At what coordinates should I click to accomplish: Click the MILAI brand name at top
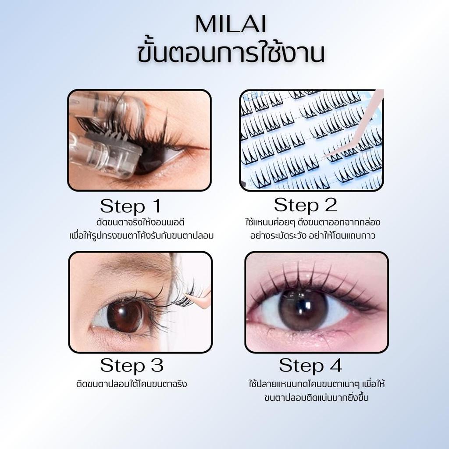tap(231, 24)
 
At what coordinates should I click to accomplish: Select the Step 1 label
tap(131, 207)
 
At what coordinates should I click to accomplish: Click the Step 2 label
tap(305, 206)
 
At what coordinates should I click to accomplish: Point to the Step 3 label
tap(132, 366)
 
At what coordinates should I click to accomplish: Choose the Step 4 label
tap(311, 366)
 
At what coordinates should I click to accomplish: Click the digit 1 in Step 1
tap(157, 206)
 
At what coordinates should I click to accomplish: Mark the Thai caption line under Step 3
tap(132, 384)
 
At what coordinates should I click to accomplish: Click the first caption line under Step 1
tap(140, 222)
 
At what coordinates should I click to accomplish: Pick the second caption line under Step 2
tap(313, 236)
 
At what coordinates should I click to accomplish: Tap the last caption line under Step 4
tap(317, 398)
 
